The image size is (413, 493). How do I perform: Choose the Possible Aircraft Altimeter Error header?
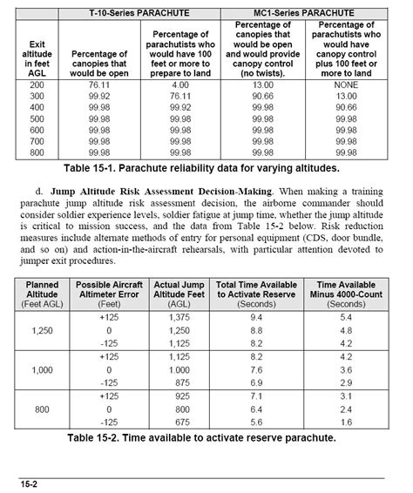click(110, 289)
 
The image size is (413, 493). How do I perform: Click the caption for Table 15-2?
click(206, 437)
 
